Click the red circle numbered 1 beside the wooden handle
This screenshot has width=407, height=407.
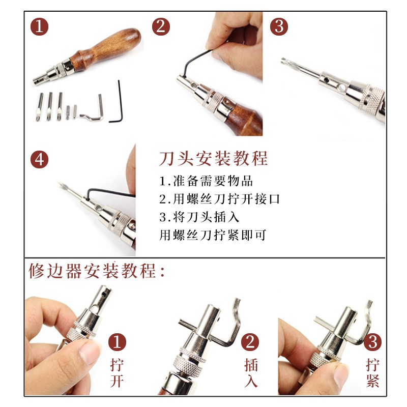[40, 26]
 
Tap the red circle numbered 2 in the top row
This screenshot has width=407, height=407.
[162, 26]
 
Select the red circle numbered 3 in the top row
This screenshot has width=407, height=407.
[279, 26]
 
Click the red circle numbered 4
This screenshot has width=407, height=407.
[40, 160]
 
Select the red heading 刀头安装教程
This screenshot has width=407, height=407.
[213, 159]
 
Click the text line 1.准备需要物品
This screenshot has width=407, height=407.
[206, 181]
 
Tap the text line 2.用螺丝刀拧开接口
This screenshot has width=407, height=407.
[220, 199]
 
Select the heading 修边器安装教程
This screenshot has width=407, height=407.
[97, 270]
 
